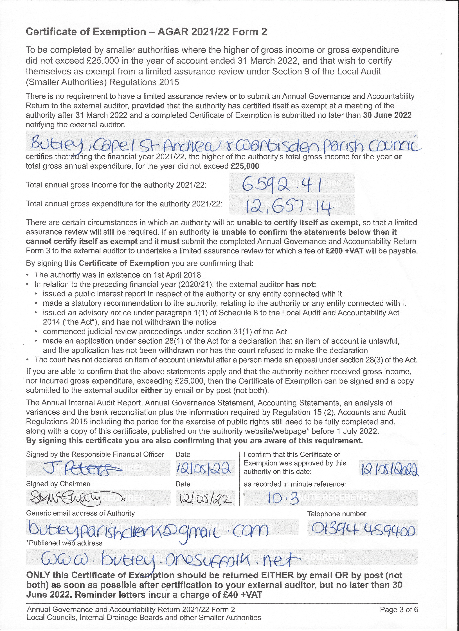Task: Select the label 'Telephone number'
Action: [337, 514]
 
